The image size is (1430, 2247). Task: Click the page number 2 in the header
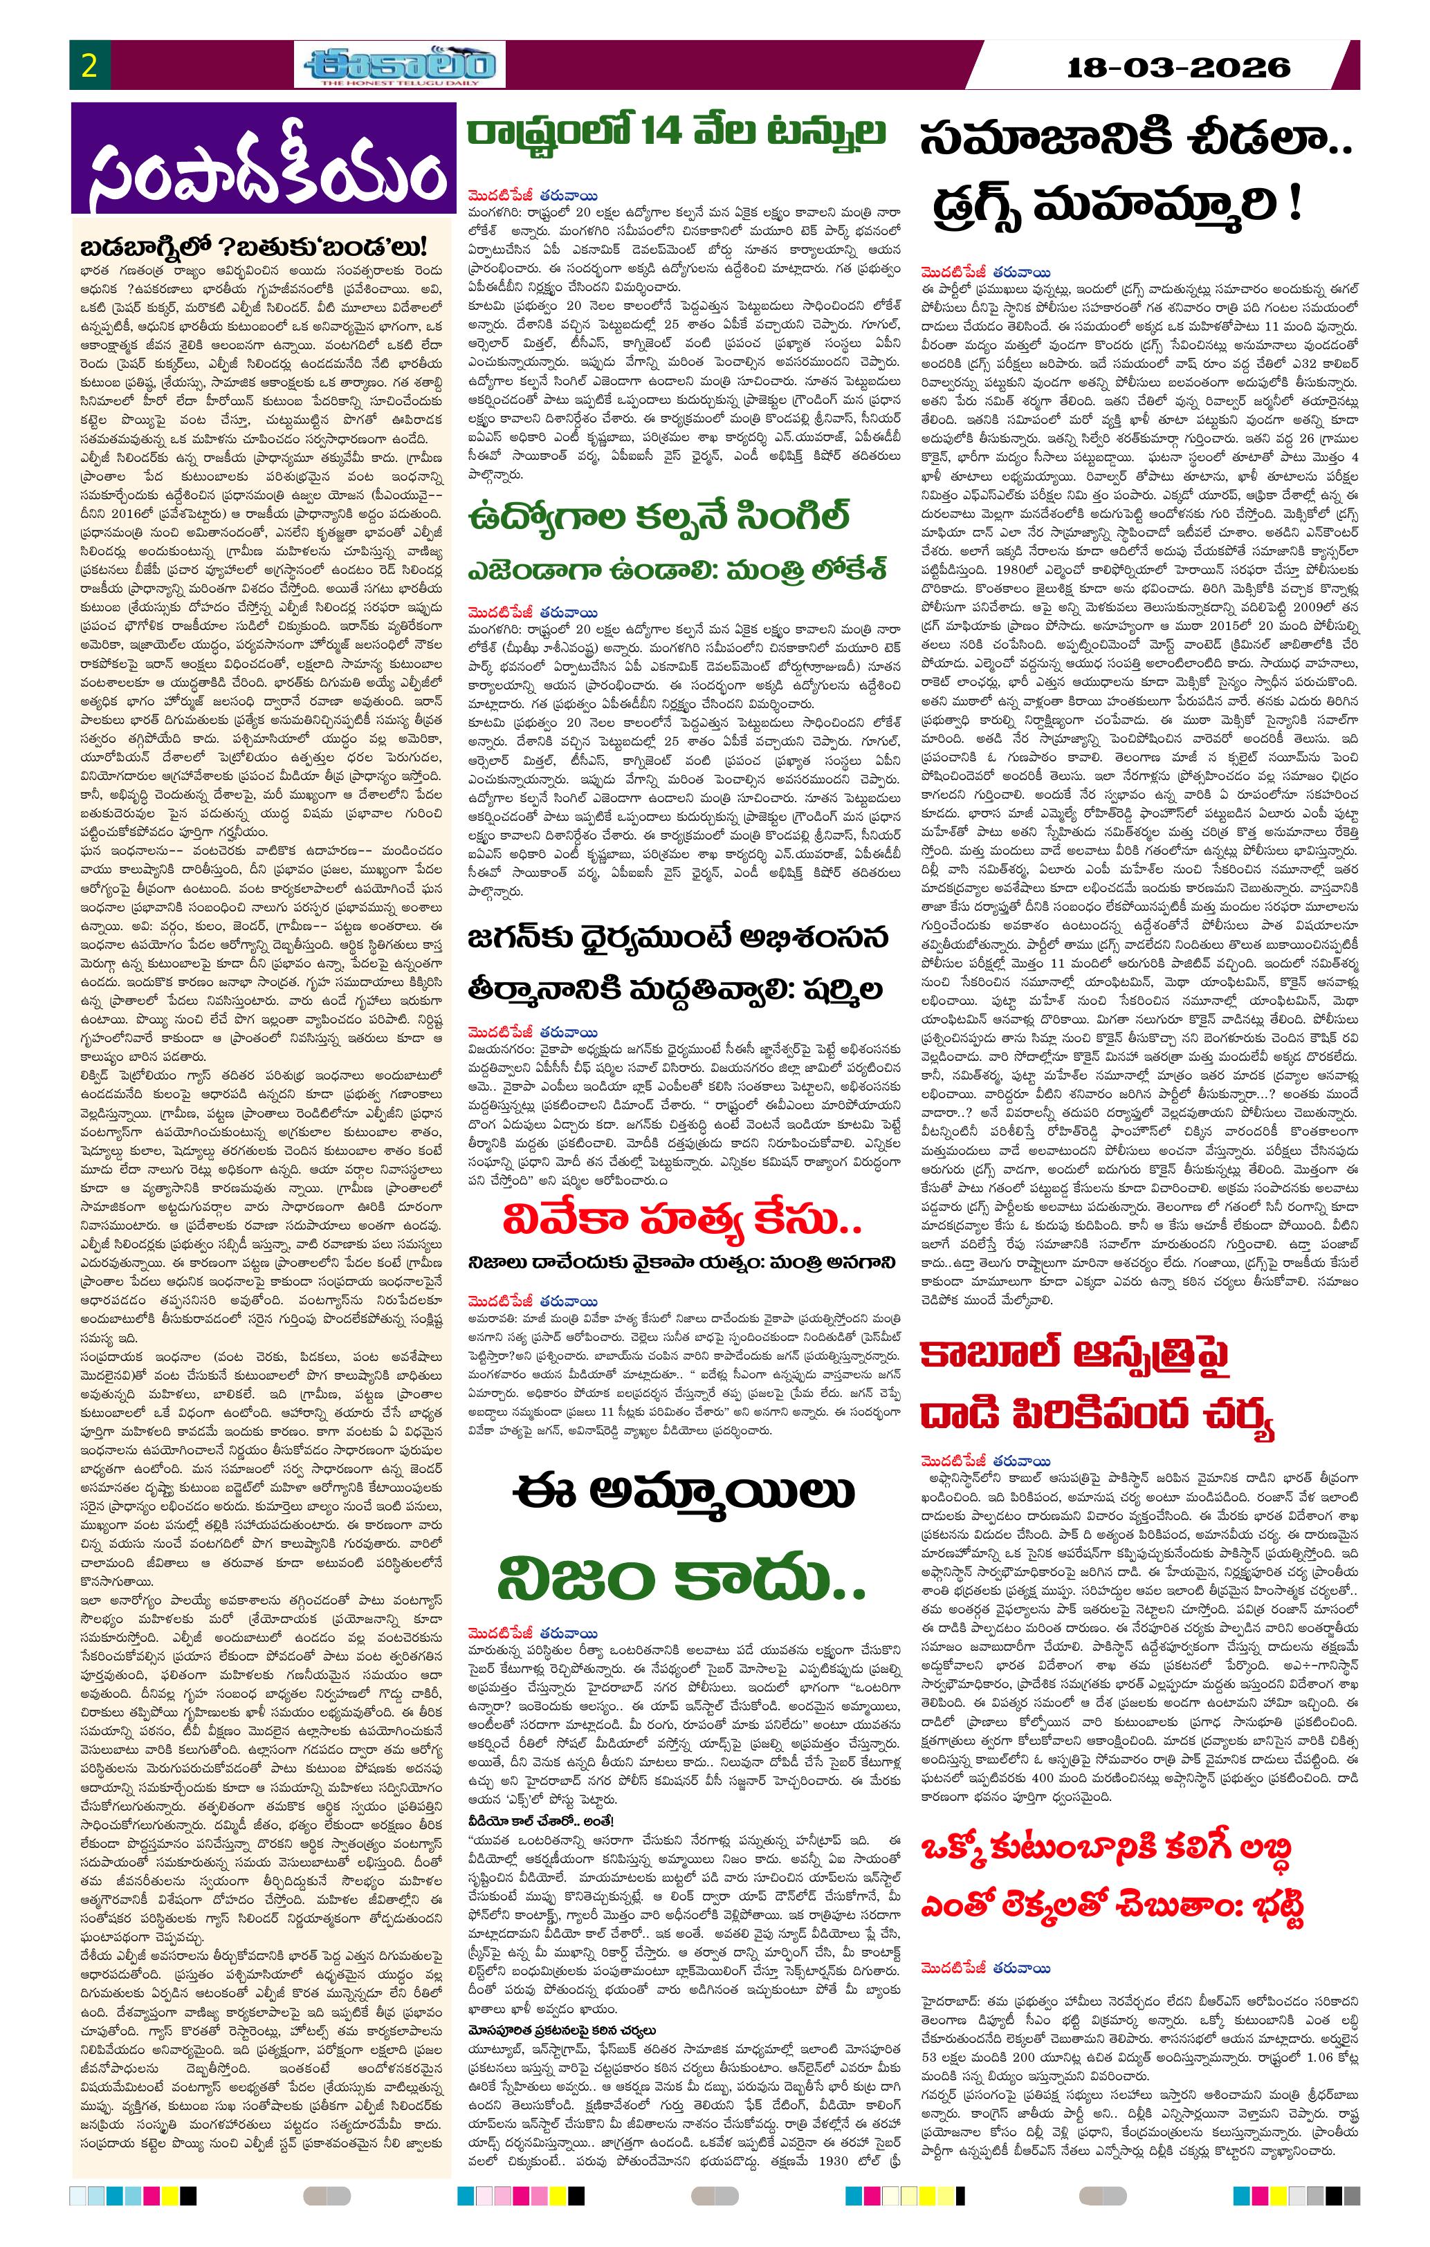point(91,66)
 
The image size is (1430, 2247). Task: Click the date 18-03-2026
point(1178,67)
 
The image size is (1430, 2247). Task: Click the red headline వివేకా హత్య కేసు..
point(681,1219)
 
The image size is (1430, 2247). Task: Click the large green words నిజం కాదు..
point(682,1577)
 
